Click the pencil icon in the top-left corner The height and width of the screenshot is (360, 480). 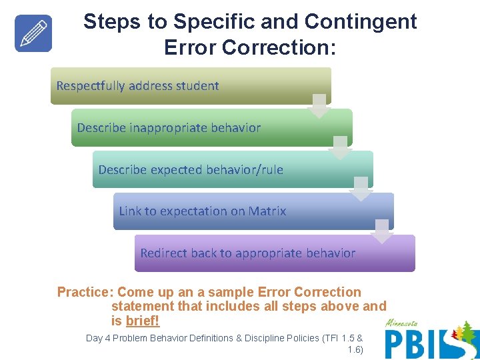coord(33,33)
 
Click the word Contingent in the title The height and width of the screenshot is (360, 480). coord(361,22)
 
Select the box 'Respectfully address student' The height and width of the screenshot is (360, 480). coord(191,86)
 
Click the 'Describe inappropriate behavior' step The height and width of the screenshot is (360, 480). coord(211,127)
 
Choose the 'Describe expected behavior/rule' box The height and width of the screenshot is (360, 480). coord(233,169)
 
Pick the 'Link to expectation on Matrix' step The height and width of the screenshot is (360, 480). coord(253,211)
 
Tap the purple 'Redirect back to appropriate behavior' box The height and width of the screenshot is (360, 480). coord(275,253)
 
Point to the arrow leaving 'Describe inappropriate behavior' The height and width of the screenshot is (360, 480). coord(341,147)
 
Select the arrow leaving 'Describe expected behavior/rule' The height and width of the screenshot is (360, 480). coord(361,189)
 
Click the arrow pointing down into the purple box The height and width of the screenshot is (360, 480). coord(382,231)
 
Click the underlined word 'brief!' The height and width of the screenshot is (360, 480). coord(143,321)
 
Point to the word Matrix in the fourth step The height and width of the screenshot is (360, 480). coord(267,211)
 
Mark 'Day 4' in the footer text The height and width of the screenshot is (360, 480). coord(97,338)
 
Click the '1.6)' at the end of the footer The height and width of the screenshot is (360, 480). coord(355,349)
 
